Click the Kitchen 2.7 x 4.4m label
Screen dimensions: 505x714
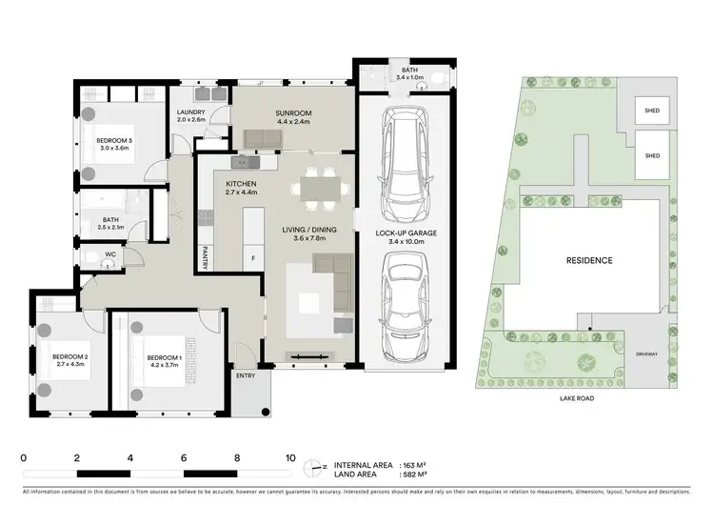pos(242,188)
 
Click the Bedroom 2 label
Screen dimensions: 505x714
pos(69,361)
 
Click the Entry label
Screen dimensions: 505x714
pos(246,374)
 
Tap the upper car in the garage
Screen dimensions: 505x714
pos(405,162)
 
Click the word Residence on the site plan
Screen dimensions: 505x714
pos(589,260)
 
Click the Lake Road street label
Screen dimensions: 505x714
pos(578,398)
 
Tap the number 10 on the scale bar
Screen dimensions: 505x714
pos(290,457)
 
